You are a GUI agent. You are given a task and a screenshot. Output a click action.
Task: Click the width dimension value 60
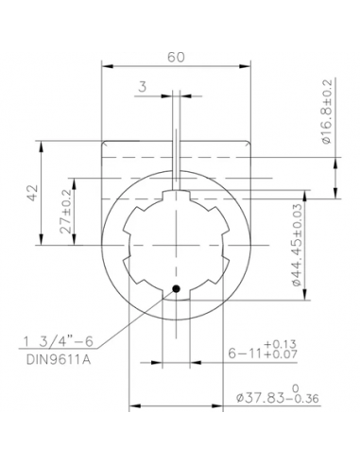click(x=176, y=57)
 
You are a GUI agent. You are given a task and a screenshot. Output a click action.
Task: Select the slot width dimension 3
click(x=142, y=86)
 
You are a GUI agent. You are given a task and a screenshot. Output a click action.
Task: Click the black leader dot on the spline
click(x=175, y=289)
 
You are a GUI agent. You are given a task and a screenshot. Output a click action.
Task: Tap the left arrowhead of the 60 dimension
click(x=106, y=66)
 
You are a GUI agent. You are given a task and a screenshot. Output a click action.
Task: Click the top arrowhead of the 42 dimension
click(x=41, y=143)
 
